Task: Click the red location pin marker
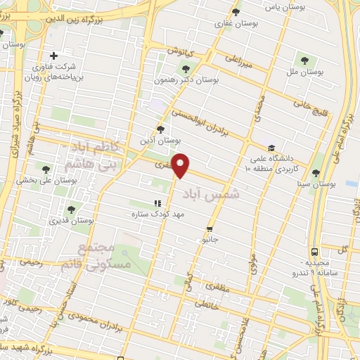[181, 165]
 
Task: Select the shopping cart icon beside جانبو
[210, 229]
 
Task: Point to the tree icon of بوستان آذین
[161, 129]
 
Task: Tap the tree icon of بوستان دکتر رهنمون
[186, 69]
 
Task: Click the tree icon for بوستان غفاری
[236, 12]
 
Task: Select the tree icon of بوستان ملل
[304, 59]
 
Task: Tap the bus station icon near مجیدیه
[314, 251]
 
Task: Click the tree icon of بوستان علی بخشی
[46, 169]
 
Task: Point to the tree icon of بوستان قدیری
[70, 209]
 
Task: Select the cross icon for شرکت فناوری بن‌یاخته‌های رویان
[53, 56]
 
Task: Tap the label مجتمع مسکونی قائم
[103, 257]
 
